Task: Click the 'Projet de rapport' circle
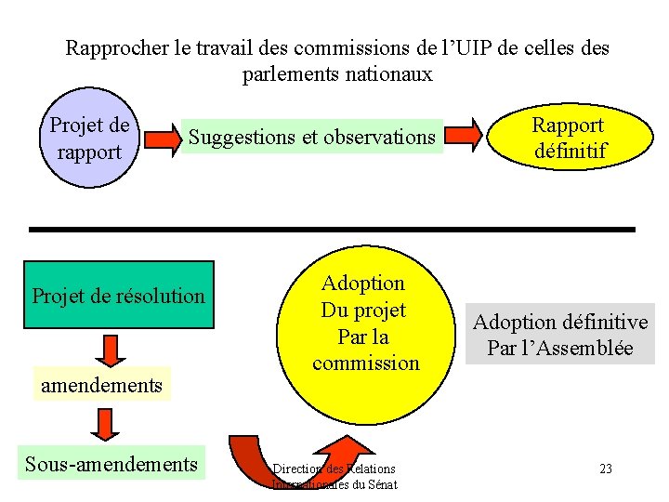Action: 89,139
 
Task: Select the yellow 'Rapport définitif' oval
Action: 568,138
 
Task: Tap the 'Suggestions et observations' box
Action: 312,138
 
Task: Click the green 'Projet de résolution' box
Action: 118,296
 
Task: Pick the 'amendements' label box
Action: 101,385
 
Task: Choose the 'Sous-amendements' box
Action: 111,463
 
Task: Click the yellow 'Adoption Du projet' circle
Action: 365,335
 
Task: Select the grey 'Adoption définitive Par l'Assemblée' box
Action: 560,335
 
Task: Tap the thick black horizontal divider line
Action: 332,229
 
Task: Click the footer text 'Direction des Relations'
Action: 334,469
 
